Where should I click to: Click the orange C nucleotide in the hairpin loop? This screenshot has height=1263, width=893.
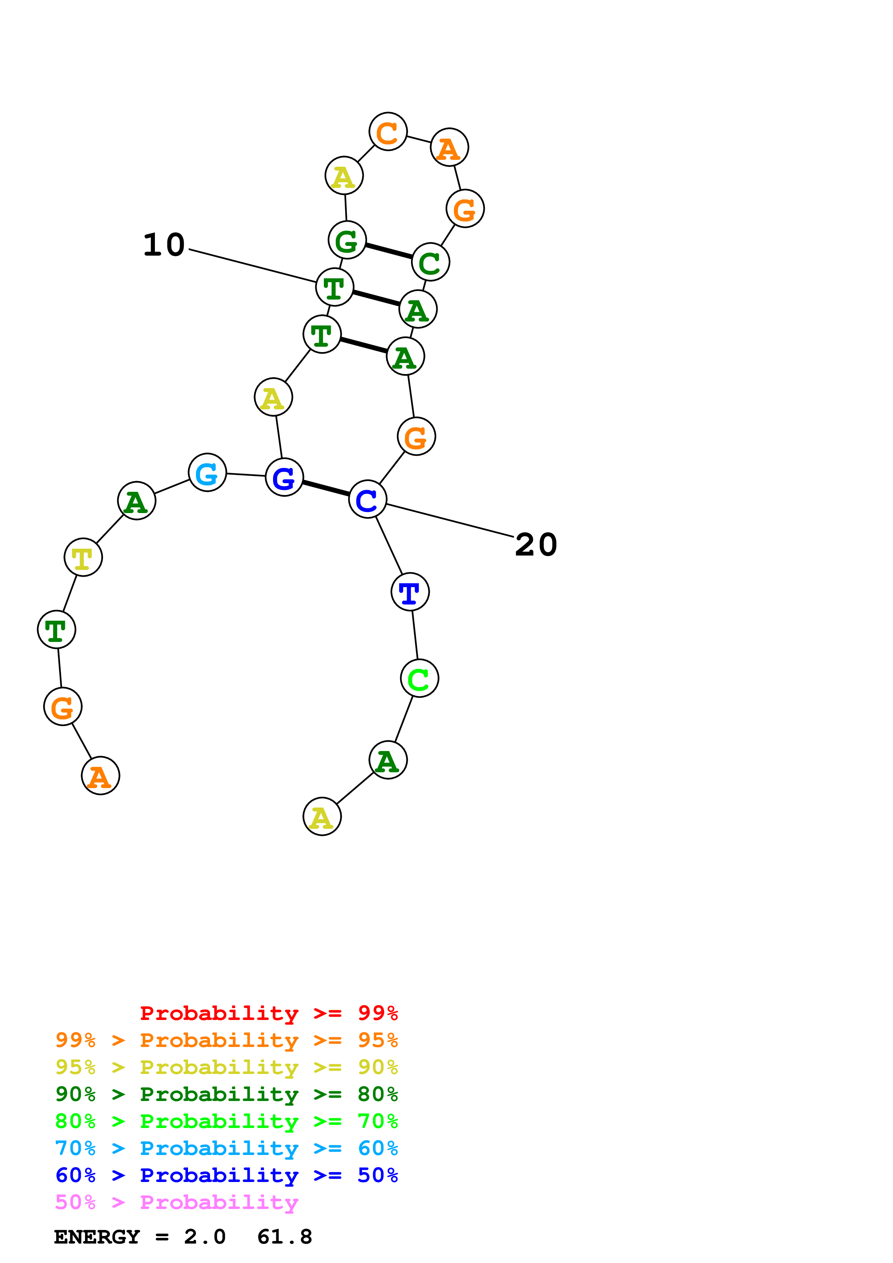click(388, 132)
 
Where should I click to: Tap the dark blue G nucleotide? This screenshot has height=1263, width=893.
click(284, 477)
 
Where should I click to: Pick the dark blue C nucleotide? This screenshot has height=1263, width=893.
click(367, 499)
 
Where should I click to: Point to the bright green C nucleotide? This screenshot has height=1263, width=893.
click(419, 678)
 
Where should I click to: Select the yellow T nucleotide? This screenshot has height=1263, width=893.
click(83, 557)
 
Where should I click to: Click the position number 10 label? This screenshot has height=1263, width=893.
click(164, 245)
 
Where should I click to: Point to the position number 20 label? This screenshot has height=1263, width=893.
click(536, 545)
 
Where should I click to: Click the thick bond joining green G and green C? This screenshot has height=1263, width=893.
click(388, 251)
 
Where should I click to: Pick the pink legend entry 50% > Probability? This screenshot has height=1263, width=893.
click(176, 1202)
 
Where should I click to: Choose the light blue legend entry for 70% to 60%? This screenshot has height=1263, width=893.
click(226, 1148)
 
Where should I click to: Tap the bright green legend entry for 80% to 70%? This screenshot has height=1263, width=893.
click(226, 1121)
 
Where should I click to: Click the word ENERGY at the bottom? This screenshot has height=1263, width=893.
click(97, 1237)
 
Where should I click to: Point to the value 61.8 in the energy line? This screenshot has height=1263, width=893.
click(285, 1237)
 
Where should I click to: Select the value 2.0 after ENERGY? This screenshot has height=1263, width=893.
click(205, 1237)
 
